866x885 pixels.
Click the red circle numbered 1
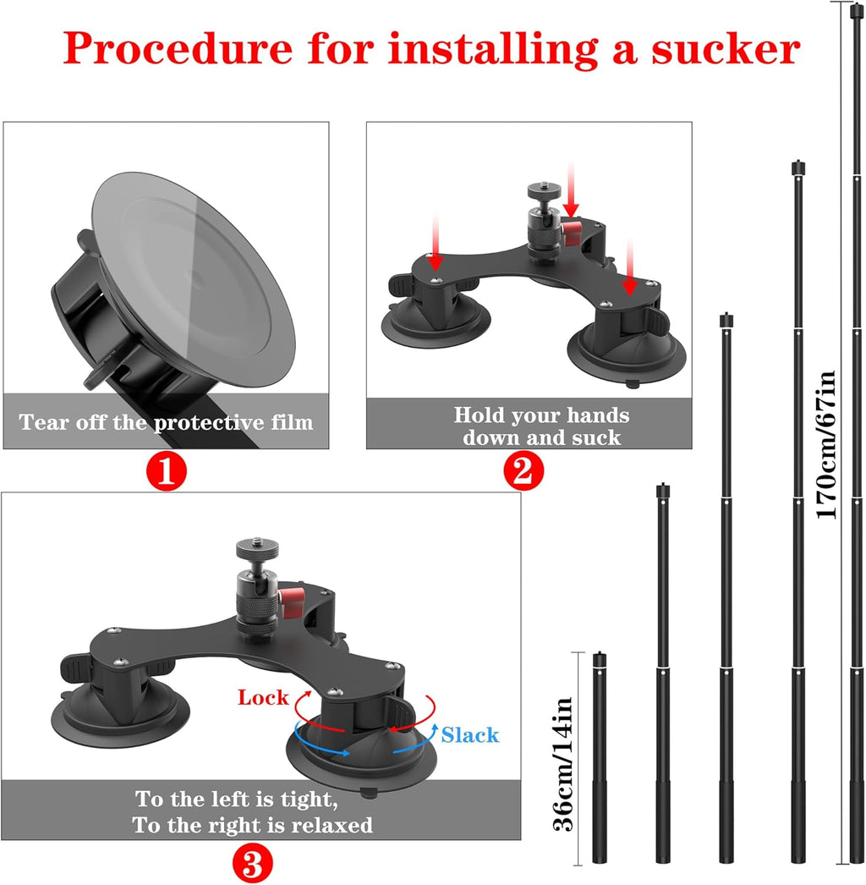coord(167,471)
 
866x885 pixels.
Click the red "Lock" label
coord(262,698)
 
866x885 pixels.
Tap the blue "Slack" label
coord(470,735)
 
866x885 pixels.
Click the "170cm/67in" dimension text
coord(826,444)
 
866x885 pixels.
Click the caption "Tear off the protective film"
coord(166,421)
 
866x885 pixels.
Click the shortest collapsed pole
coord(600,757)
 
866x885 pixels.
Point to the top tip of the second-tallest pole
coord(797,164)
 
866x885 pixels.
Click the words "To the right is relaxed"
coord(252,825)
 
